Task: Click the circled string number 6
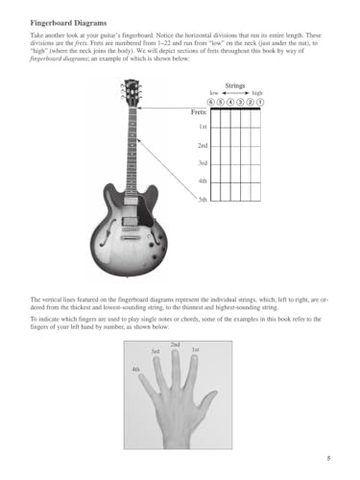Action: pos(212,102)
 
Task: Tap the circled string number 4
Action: pos(231,102)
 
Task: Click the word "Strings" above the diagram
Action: pos(235,84)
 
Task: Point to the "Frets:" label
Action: pos(199,112)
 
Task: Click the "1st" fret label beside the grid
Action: pos(203,128)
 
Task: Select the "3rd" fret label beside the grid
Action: pos(203,163)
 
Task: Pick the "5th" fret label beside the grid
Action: pos(203,200)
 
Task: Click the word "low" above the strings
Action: pos(214,93)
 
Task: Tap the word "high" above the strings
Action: pos(257,93)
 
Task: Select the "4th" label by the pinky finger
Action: pos(135,369)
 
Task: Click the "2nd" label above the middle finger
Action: pos(175,344)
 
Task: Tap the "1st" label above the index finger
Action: pos(195,349)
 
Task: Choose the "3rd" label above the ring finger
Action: pos(156,351)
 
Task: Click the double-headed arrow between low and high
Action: pos(235,93)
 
